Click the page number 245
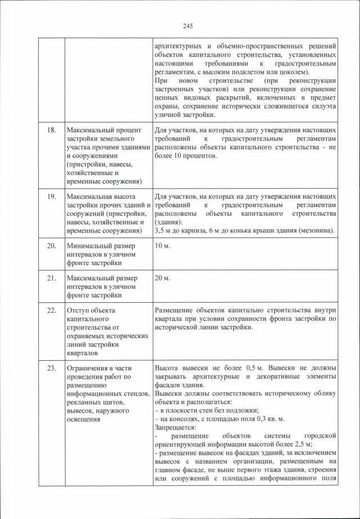pos(188,26)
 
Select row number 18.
pos(51,130)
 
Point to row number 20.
pos(51,246)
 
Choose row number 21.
pos(51,278)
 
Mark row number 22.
pos(51,310)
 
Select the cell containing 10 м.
pos(162,246)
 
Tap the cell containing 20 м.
pos(162,278)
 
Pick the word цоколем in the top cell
pos(292,73)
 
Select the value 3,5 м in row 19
pos(164,231)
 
